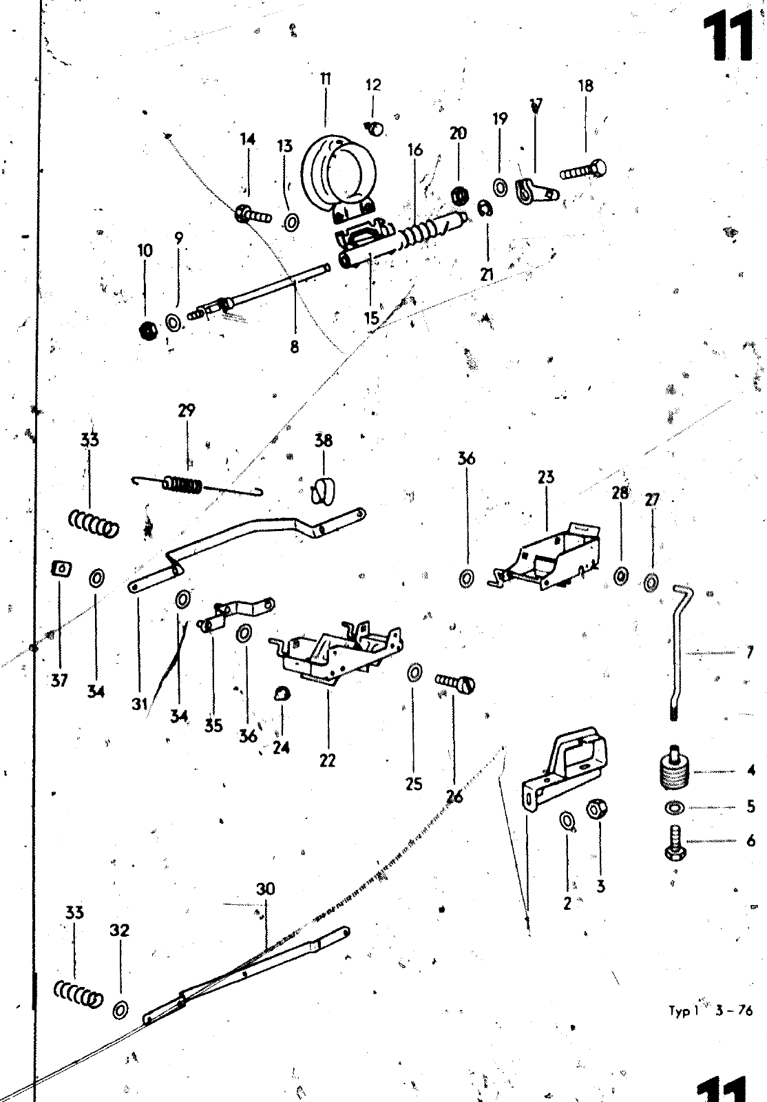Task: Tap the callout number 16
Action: tap(414, 150)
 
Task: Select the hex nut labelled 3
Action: tap(596, 810)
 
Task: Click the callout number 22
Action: tap(327, 760)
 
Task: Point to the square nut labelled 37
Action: tap(61, 570)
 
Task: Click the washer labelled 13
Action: tap(291, 222)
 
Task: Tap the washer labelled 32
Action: tap(120, 1009)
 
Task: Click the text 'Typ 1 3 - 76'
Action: tap(710, 1011)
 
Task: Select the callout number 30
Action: tap(266, 889)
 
